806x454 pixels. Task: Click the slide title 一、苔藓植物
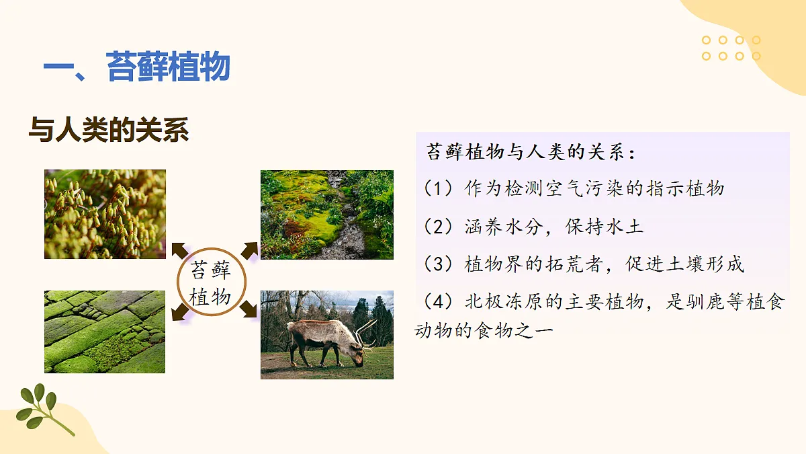click(137, 68)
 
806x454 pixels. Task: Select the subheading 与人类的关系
click(109, 130)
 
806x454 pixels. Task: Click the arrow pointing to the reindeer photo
click(247, 309)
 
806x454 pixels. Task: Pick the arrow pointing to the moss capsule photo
click(179, 250)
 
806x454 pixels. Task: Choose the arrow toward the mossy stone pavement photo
click(179, 311)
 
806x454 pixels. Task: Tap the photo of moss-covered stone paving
click(105, 332)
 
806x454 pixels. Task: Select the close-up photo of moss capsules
click(105, 214)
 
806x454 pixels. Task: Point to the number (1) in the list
click(439, 188)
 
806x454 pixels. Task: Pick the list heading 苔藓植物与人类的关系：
click(531, 152)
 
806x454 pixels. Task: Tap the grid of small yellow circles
click(731, 48)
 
